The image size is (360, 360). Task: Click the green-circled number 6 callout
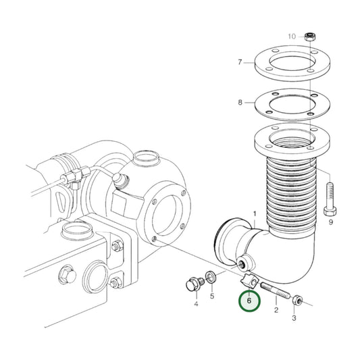tap(249, 301)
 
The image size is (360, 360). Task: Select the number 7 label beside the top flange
tap(240, 63)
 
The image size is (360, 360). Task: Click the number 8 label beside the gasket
tap(240, 103)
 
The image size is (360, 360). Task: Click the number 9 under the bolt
tap(330, 222)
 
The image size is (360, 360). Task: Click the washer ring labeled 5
tap(212, 277)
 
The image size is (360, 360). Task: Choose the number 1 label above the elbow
tap(255, 214)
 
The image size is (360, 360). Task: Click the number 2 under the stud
tap(276, 310)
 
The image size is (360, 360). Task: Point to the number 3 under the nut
tap(294, 317)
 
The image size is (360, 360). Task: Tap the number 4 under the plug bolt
tap(196, 305)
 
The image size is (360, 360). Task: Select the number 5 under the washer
tap(212, 296)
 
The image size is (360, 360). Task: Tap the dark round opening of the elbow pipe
tap(224, 241)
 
